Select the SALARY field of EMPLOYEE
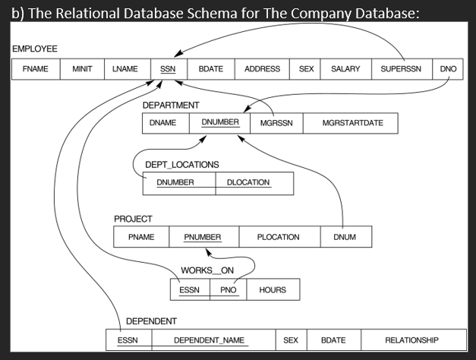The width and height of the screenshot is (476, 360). coord(345,69)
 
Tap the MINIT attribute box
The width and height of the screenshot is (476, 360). coord(82,69)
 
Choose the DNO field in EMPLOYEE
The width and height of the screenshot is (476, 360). coord(447,69)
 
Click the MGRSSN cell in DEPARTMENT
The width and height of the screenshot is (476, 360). coord(276,123)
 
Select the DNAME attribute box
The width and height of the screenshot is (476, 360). coord(163,123)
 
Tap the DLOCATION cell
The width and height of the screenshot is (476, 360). coord(248,182)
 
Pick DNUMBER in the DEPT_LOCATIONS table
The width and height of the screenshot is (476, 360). coord(175,182)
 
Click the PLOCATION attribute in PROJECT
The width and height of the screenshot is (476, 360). coord(278,237)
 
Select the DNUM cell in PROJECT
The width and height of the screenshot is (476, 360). coord(344,237)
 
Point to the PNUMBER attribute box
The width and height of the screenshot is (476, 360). coord(203,237)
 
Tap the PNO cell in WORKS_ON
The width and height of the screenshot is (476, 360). coord(228,290)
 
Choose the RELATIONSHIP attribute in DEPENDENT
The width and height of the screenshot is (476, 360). coord(411,340)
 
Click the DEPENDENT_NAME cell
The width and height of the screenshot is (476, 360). coord(210,340)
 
